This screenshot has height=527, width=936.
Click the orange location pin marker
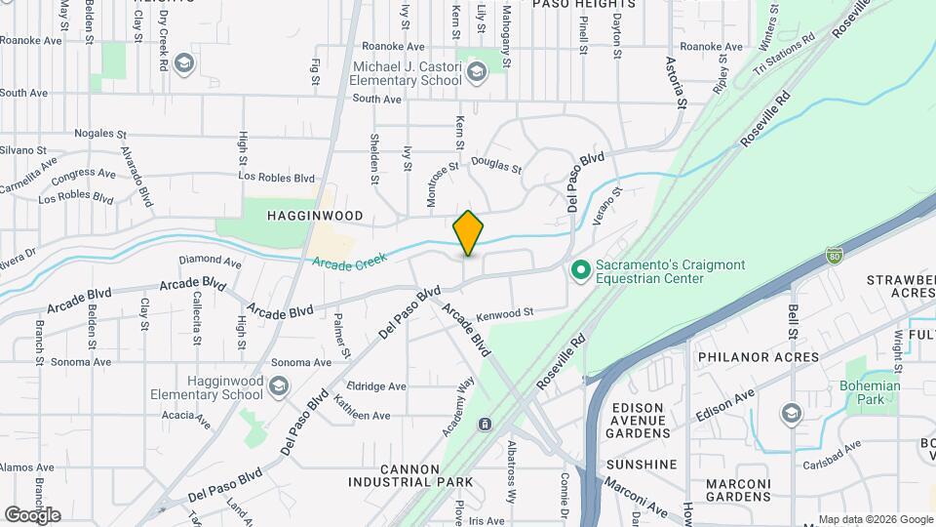469,232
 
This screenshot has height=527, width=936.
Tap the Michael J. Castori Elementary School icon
476,71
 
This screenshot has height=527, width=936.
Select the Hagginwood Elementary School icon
279,387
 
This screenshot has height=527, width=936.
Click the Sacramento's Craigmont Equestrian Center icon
580,267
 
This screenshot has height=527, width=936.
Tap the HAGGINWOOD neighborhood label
317,216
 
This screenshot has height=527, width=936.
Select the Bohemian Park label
869,392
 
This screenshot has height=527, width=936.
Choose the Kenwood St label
505,315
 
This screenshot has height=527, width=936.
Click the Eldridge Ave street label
376,386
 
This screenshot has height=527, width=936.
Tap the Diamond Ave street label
210,262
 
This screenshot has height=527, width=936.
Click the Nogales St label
100,134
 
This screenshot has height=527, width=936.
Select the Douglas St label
496,165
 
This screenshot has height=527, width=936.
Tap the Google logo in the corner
32,514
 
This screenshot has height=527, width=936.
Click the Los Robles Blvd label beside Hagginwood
278,179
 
